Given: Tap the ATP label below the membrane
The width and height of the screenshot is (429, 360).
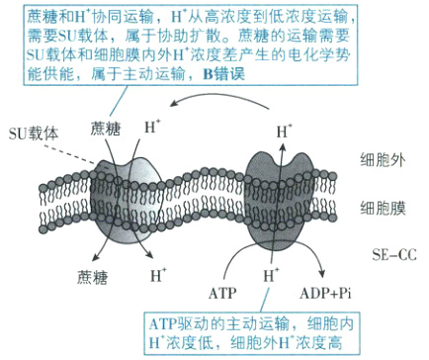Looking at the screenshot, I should tap(223, 293).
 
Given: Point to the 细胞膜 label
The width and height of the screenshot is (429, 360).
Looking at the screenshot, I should tap(382, 208).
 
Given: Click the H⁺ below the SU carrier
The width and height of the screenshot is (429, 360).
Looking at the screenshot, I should tap(157, 274).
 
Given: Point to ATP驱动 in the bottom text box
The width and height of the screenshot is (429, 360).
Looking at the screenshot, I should tap(173, 322).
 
